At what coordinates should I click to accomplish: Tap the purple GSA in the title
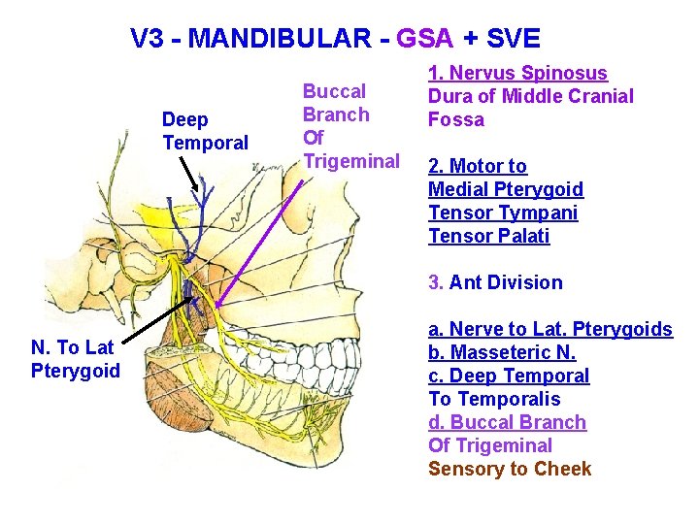pyautogui.click(x=425, y=39)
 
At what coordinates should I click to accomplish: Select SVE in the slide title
pyautogui.click(x=514, y=39)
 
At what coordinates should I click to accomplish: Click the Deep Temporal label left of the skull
pyautogui.click(x=205, y=131)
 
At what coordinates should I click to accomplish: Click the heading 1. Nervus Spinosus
pyautogui.click(x=518, y=73)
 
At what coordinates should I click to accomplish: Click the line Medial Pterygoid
pyautogui.click(x=506, y=189)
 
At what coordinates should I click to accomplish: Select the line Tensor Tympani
pyautogui.click(x=503, y=213)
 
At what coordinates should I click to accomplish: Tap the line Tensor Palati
pyautogui.click(x=488, y=236)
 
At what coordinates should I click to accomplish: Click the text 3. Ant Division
pyautogui.click(x=495, y=282)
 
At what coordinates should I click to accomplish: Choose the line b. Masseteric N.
pyautogui.click(x=502, y=352)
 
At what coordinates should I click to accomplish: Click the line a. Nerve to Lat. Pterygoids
pyautogui.click(x=549, y=329)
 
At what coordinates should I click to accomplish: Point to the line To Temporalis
pyautogui.click(x=494, y=399)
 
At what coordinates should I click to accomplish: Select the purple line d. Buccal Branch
pyautogui.click(x=507, y=422)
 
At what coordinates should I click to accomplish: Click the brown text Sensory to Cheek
pyautogui.click(x=510, y=469)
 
